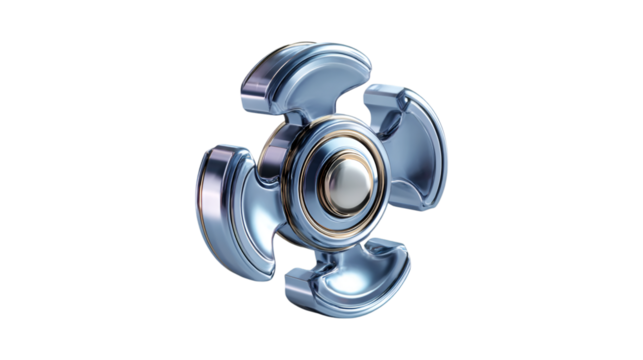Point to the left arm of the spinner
tap(225, 195)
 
